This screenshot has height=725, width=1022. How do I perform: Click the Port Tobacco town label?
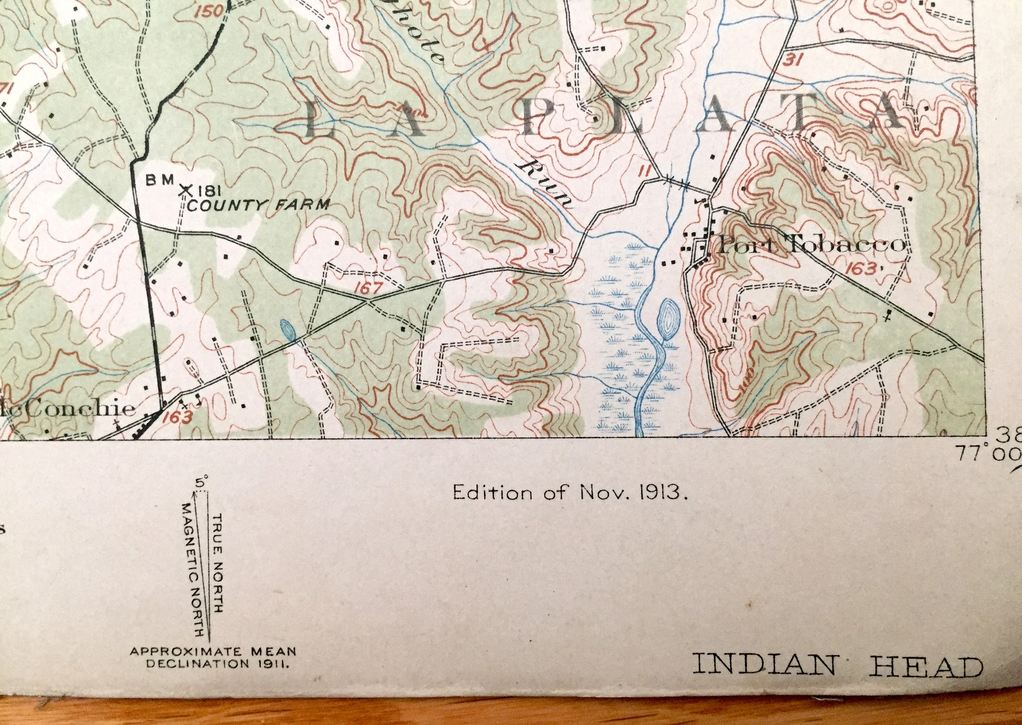tap(810, 246)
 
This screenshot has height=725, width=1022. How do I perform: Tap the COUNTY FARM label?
tap(259, 205)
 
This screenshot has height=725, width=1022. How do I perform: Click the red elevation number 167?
tap(369, 289)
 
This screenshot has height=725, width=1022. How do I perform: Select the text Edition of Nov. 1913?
tap(569, 493)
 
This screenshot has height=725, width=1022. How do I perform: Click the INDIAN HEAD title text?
tap(837, 677)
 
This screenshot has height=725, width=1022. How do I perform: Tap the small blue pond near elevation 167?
tap(288, 330)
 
